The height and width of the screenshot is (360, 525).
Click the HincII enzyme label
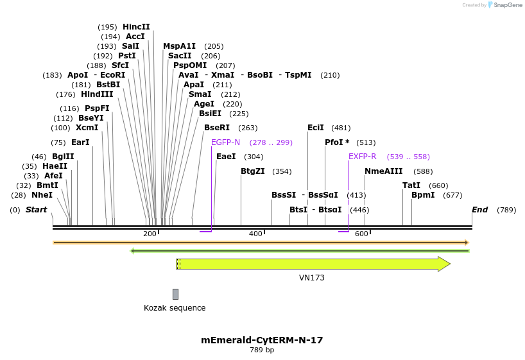(x=136, y=27)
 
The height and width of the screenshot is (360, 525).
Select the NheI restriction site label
(x=42, y=195)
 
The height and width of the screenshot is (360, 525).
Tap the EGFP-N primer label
(x=225, y=142)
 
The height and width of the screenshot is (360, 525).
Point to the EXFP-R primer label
(x=362, y=157)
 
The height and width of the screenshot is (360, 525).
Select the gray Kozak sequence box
(x=175, y=294)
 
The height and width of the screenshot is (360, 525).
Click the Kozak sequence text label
(x=175, y=308)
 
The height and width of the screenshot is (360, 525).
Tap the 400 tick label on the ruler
(x=255, y=234)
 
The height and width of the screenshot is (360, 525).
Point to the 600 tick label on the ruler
(x=361, y=234)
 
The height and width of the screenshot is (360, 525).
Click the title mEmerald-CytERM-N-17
(x=262, y=340)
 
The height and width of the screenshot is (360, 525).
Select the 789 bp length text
(x=262, y=350)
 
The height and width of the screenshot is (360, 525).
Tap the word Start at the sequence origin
(x=36, y=210)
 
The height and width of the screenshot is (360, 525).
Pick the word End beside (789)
(x=480, y=210)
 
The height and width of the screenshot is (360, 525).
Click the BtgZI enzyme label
(x=253, y=171)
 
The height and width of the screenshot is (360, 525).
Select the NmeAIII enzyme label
(x=383, y=171)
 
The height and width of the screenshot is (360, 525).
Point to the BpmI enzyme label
(x=424, y=195)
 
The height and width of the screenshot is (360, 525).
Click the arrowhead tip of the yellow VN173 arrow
(x=449, y=264)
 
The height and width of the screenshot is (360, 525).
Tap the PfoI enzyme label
(x=334, y=142)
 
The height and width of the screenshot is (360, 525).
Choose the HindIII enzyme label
(x=97, y=94)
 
